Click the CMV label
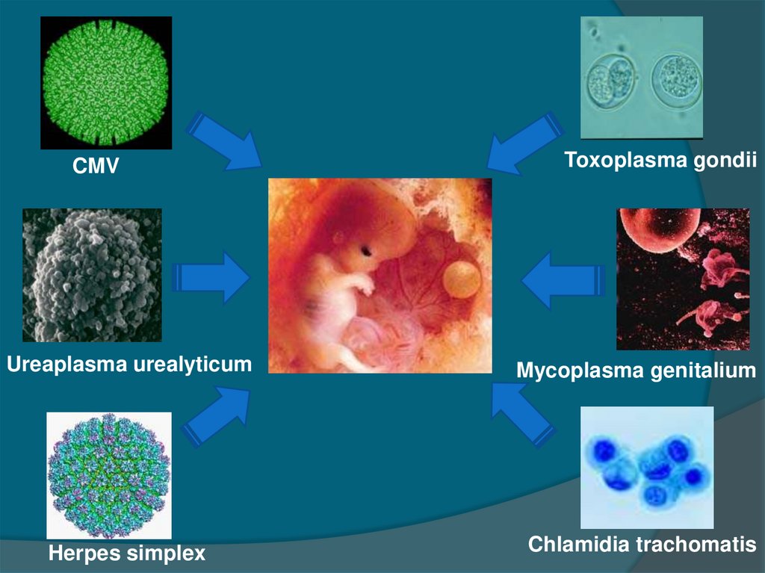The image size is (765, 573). (96, 166)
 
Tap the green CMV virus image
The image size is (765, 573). (106, 82)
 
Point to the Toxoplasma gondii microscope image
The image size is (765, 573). (642, 78)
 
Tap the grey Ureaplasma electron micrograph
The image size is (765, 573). (92, 275)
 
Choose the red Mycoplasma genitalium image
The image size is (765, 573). (683, 279)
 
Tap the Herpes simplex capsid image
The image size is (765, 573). (109, 475)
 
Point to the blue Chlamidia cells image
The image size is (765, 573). (647, 468)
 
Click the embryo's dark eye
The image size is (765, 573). (367, 251)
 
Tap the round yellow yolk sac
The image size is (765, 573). (461, 279)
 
